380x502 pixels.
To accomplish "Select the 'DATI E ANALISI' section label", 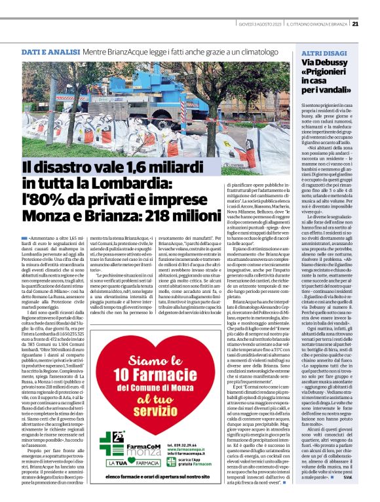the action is [x=50, y=51].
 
